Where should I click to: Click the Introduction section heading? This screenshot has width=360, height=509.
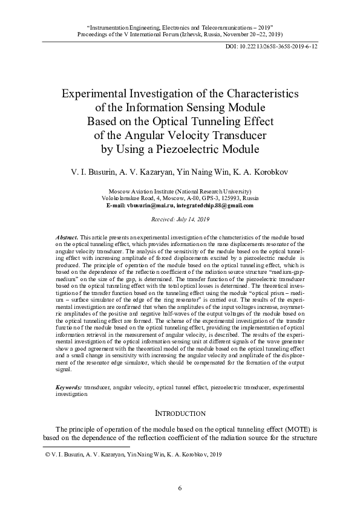pos(180,414)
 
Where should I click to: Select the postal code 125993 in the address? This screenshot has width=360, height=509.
pos(229,198)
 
